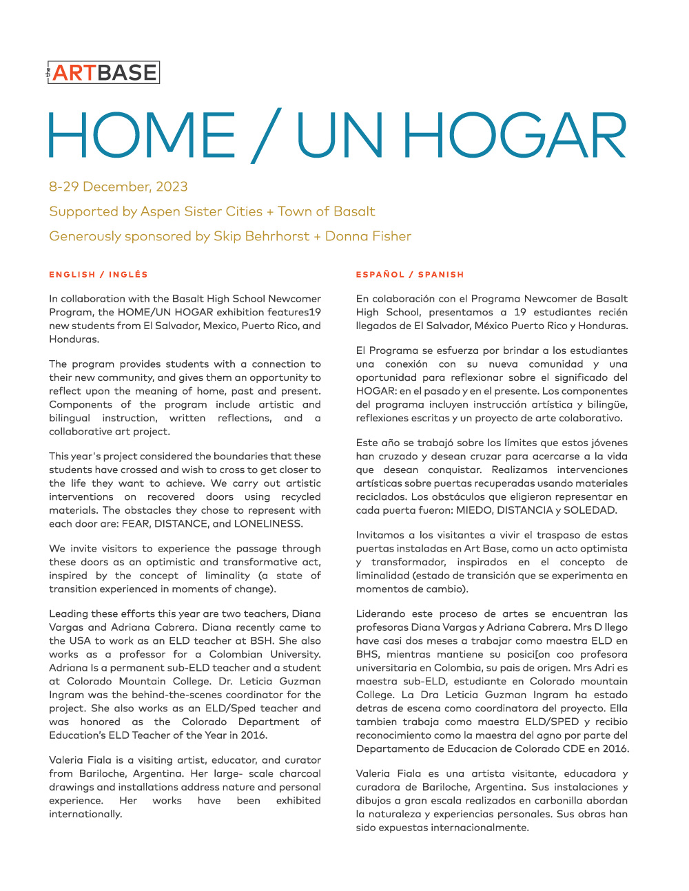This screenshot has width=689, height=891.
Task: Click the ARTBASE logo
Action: tap(103, 72)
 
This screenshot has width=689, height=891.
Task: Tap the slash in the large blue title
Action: tap(266, 136)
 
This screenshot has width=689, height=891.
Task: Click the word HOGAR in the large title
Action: tap(515, 136)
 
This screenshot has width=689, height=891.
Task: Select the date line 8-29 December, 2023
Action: tap(119, 187)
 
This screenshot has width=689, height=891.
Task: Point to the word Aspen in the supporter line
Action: tap(162, 211)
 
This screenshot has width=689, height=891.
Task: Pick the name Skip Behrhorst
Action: tap(261, 236)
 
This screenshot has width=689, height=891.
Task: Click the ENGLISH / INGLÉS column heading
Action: tap(99, 275)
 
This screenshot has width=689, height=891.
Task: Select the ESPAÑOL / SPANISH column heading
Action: tap(410, 275)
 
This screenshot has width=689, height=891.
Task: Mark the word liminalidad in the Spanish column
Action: tap(382, 576)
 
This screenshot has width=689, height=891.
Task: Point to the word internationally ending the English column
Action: tap(85, 814)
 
